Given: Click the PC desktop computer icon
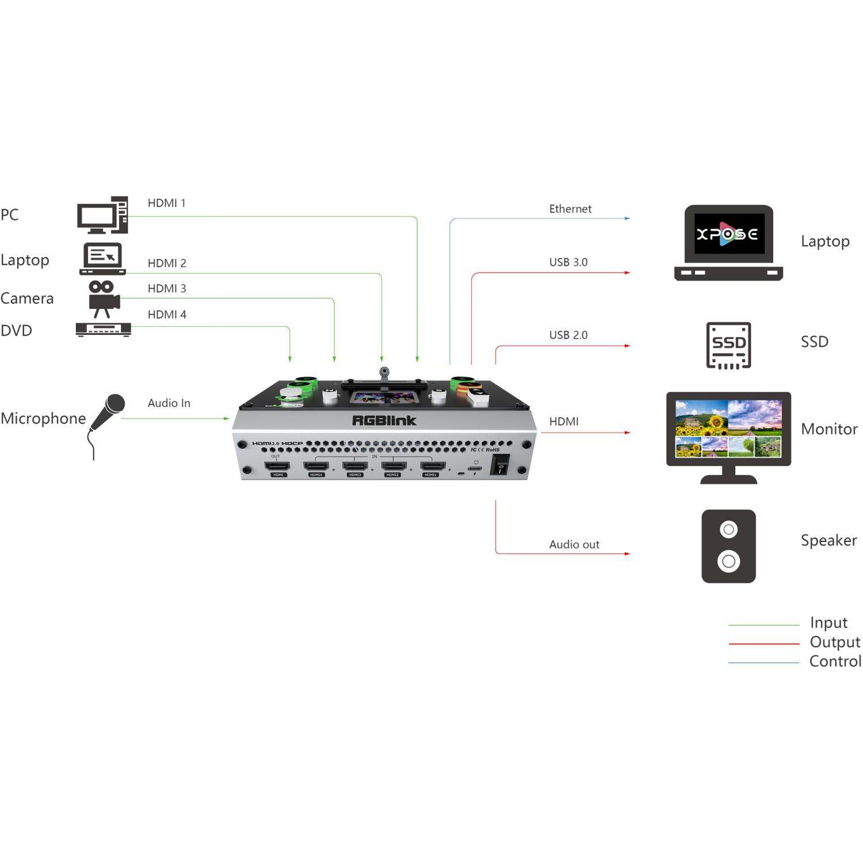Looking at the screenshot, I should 102,215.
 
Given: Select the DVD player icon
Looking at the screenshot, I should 104,330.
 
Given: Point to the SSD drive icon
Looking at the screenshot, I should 728,345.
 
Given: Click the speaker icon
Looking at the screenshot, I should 728,546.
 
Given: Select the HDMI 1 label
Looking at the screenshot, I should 167,203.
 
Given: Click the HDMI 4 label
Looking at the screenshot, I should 167,315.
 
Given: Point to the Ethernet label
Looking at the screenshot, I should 570,209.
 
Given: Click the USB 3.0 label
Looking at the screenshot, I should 568,262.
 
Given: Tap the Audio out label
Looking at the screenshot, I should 574,544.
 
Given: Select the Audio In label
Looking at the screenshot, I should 169,403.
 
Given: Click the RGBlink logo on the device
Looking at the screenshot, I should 384,421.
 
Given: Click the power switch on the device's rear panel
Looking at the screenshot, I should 501,465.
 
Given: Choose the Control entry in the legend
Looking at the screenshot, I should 835,662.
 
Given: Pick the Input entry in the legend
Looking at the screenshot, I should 828,623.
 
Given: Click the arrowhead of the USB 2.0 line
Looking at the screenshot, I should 628,346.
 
